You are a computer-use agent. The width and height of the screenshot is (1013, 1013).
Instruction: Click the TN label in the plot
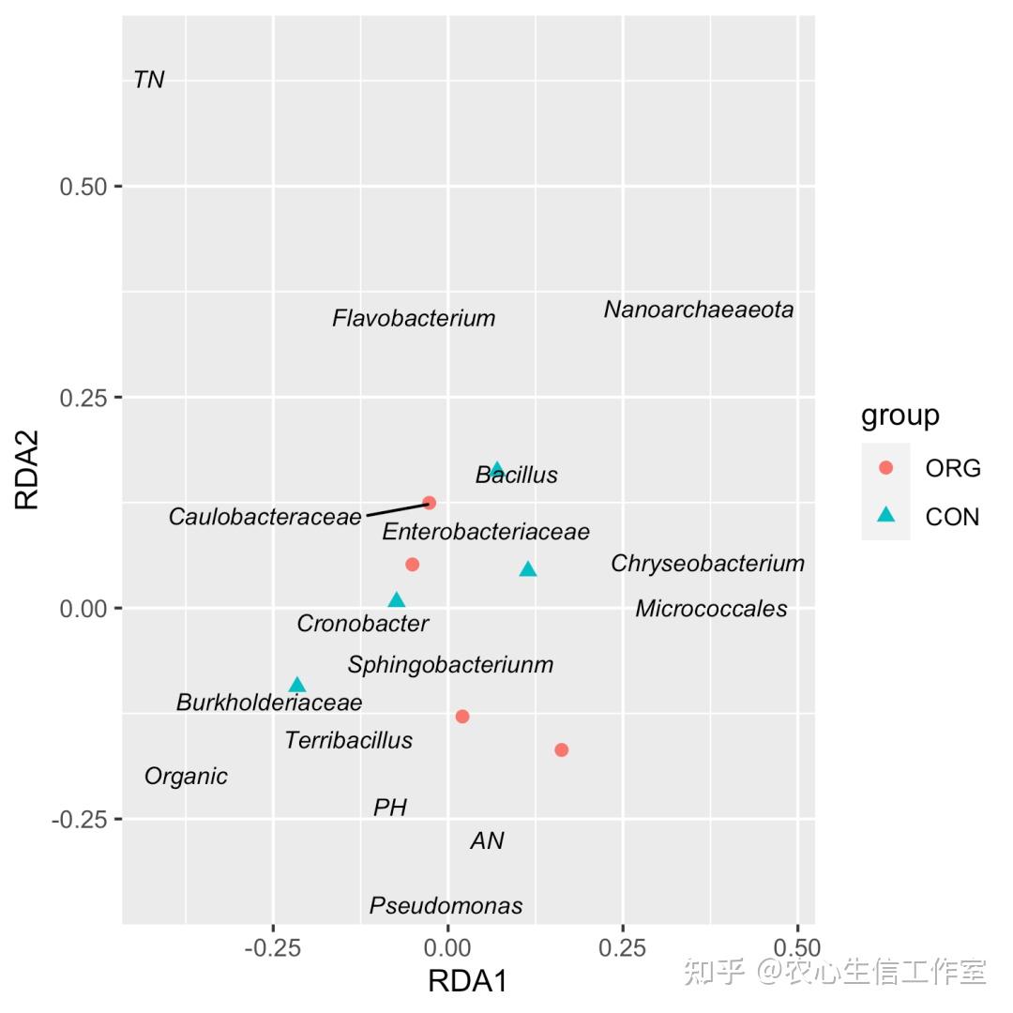click(x=149, y=80)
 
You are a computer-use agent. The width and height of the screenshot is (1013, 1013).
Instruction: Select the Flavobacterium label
click(x=414, y=318)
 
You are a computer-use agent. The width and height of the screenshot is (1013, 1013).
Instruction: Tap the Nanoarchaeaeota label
click(x=699, y=310)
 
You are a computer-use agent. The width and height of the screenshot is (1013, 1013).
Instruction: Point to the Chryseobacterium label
click(x=707, y=564)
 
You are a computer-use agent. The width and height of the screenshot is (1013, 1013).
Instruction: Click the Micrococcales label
click(x=711, y=609)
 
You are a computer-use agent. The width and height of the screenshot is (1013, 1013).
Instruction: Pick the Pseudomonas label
click(x=446, y=906)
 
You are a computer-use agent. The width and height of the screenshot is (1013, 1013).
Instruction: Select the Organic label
click(x=186, y=777)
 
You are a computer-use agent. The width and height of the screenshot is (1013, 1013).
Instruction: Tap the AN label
click(x=487, y=840)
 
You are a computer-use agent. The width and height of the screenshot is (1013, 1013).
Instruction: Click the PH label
click(x=390, y=807)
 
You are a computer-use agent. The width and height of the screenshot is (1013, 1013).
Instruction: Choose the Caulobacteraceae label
click(x=265, y=517)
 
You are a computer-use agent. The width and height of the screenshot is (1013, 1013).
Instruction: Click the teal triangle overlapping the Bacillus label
click(x=497, y=470)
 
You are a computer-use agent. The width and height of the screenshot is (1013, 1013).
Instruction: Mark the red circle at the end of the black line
click(x=429, y=503)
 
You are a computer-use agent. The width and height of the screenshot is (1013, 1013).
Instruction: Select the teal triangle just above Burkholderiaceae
click(x=297, y=684)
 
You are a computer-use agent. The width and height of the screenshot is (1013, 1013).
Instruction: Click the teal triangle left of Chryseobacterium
click(x=528, y=568)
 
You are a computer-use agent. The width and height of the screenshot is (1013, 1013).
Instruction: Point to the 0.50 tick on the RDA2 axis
click(x=83, y=187)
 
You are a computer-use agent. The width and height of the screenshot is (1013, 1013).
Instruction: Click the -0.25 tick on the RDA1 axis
click(x=273, y=947)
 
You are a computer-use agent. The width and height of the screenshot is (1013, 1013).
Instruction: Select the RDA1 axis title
click(x=467, y=981)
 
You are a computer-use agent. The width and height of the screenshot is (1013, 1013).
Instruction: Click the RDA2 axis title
click(x=27, y=470)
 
